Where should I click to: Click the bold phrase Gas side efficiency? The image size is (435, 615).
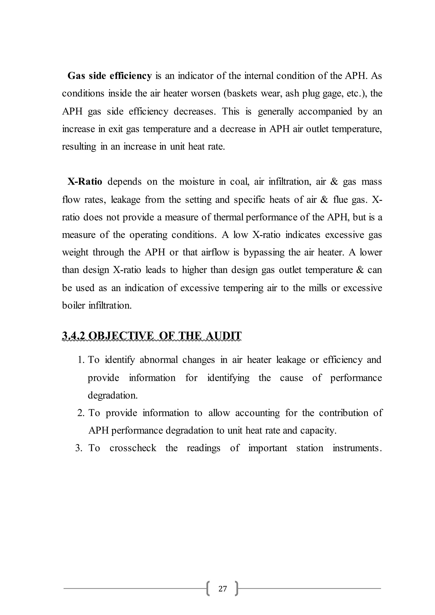pos(110,76)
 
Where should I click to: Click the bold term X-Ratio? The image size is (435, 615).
pos(85,182)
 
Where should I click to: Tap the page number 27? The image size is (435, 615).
pos(223,588)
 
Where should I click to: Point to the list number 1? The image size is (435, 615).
pos(81,360)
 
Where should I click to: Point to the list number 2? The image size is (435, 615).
pos(81,413)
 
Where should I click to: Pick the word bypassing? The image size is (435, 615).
pos(264,252)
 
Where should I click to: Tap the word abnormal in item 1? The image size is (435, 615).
pos(159,360)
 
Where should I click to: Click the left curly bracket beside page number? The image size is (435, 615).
pos(208,588)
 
